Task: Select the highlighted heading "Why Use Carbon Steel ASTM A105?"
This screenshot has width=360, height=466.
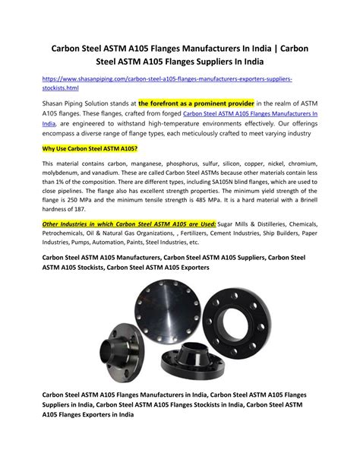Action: pos(89,148)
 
